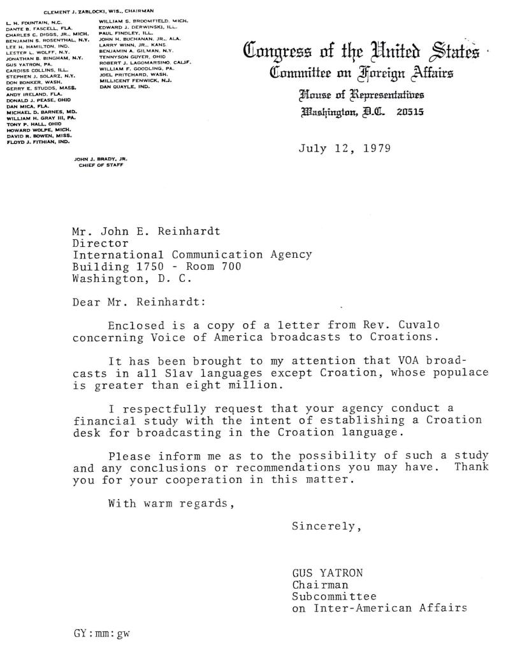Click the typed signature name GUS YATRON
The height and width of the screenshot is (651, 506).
pyautogui.click(x=328, y=573)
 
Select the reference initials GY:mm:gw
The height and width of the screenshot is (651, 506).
pyautogui.click(x=102, y=633)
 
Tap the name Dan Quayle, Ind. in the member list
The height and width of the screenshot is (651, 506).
pyautogui.click(x=124, y=87)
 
